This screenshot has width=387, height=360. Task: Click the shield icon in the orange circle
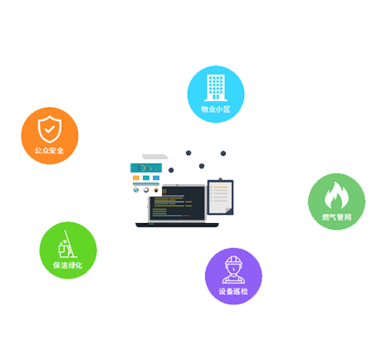(50, 129)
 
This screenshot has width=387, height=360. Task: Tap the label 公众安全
(49, 151)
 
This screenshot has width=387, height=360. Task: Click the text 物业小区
(216, 109)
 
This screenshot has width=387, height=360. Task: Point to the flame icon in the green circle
(336, 195)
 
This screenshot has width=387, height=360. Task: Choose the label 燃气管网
(336, 217)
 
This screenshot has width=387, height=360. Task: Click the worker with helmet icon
(233, 270)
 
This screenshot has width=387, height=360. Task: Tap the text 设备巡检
(233, 291)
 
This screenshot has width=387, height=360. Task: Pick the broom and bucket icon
(67, 244)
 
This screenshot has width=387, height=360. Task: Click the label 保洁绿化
(68, 265)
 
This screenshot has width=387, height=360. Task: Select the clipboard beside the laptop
(220, 197)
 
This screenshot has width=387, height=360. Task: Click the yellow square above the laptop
(136, 178)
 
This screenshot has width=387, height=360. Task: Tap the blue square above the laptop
(156, 178)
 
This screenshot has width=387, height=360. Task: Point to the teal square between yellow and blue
(146, 178)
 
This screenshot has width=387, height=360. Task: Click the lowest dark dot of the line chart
(171, 170)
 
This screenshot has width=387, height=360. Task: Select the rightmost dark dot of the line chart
(223, 153)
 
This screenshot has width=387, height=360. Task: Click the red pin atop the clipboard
(220, 179)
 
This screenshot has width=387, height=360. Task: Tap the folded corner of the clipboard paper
(228, 211)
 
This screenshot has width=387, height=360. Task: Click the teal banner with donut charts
(146, 168)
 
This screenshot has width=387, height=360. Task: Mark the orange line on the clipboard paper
(220, 187)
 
